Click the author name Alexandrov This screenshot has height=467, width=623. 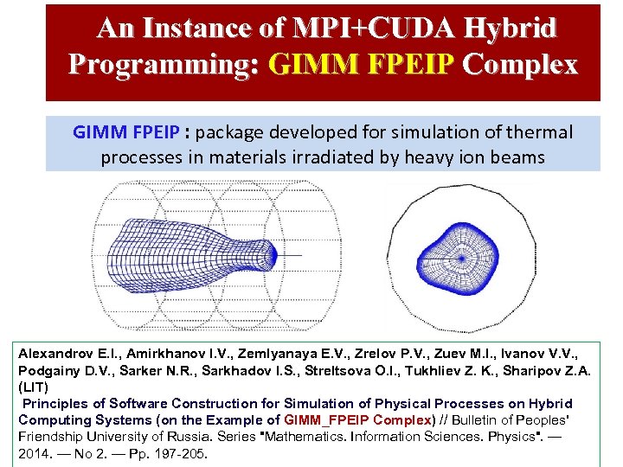[x=55, y=355]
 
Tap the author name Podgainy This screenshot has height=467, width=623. [x=49, y=371]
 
